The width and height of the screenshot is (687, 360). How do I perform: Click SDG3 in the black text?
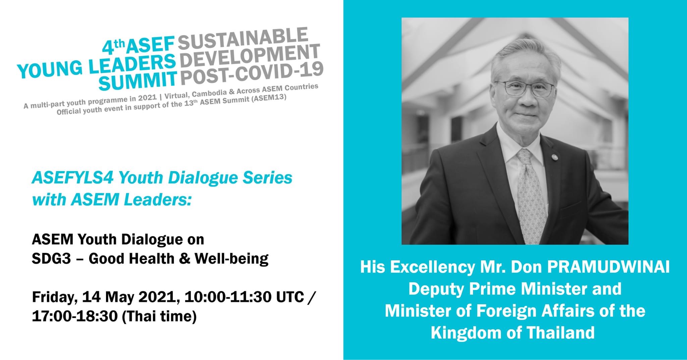point(51,259)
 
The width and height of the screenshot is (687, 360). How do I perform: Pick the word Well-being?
point(231,259)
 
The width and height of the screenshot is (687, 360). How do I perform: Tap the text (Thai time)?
point(159,316)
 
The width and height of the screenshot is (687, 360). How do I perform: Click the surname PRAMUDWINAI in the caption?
point(608,267)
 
